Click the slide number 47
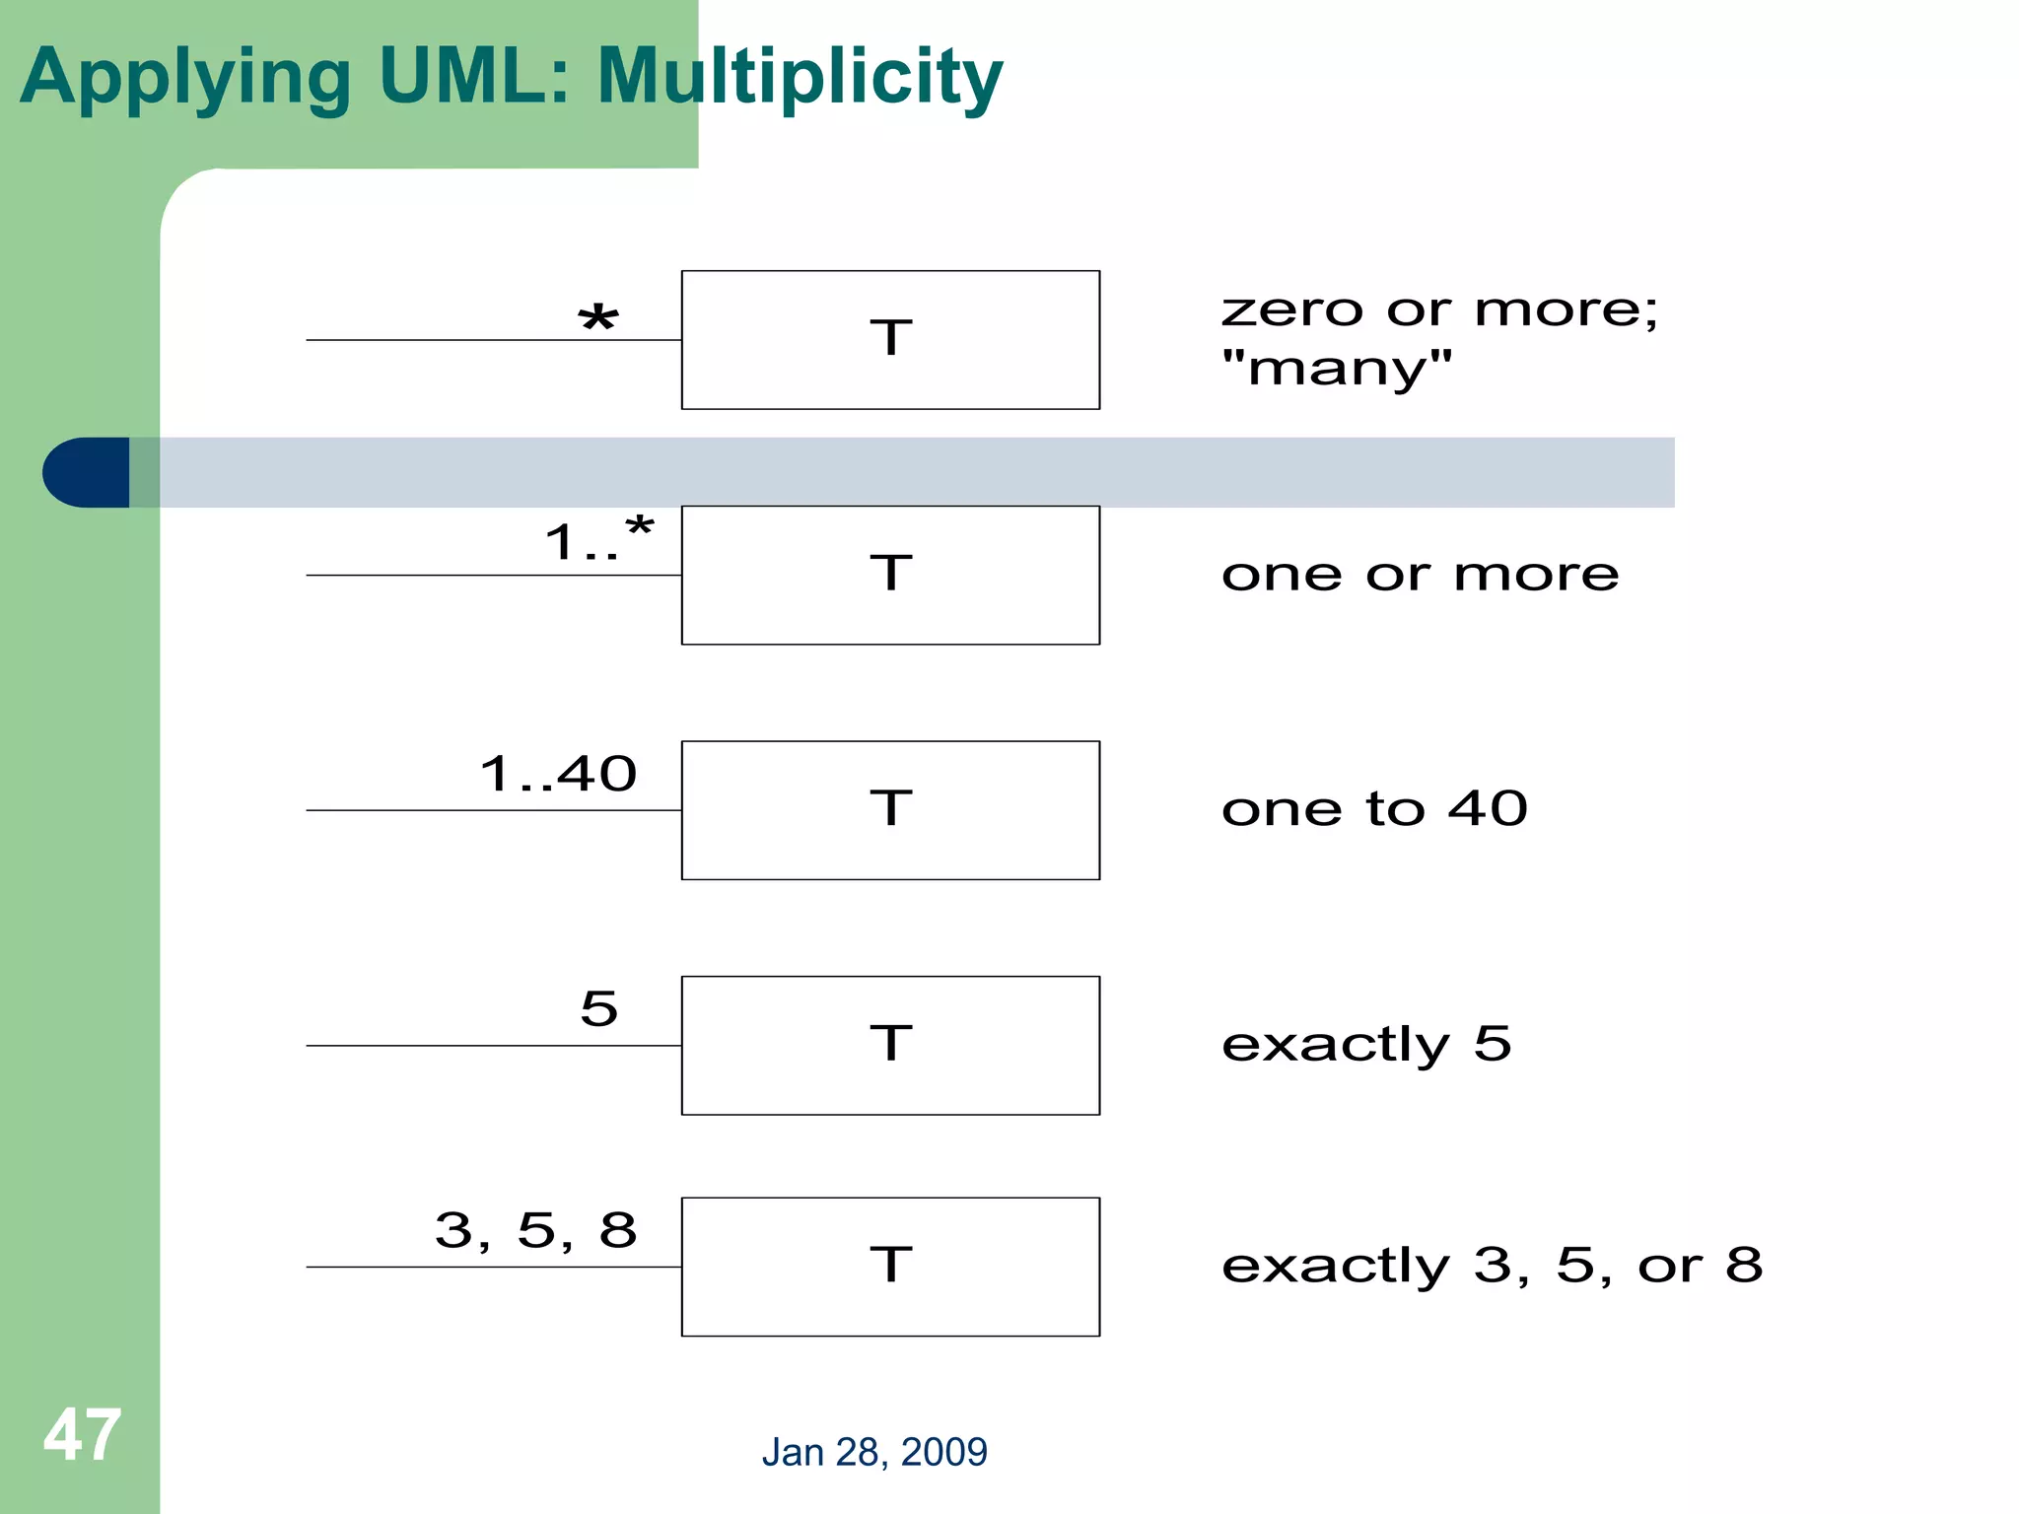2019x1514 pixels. (82, 1435)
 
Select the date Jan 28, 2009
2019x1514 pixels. (874, 1452)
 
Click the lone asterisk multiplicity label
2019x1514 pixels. (598, 319)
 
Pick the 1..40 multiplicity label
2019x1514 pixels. (559, 774)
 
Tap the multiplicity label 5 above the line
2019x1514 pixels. (599, 1008)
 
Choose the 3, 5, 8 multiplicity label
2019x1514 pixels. (536, 1230)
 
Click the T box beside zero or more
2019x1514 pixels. (890, 339)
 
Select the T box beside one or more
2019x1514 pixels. (890, 575)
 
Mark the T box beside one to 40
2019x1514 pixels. (890, 809)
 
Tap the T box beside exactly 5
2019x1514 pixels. (890, 1045)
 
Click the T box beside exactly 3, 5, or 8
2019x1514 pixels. (890, 1267)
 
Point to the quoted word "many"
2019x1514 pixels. (1337, 369)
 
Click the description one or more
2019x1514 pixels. (1420, 575)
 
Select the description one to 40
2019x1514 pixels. (1374, 809)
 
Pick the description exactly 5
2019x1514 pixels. (1366, 1045)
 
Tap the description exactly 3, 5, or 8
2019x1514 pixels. (1492, 1266)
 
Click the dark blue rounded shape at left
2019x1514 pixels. (87, 472)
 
